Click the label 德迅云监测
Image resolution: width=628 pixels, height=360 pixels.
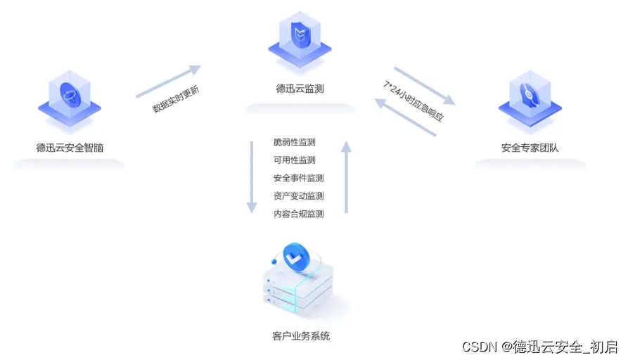pyautogui.click(x=300, y=89)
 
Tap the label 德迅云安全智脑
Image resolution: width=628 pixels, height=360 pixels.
pyautogui.click(x=70, y=148)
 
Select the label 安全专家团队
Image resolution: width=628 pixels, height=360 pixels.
pyautogui.click(x=530, y=148)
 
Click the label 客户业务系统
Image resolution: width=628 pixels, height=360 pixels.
pyautogui.click(x=300, y=336)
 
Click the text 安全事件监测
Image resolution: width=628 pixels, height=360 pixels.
pyautogui.click(x=299, y=178)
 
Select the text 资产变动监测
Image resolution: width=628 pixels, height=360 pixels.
pyautogui.click(x=299, y=196)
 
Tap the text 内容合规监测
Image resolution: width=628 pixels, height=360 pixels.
pyautogui.click(x=299, y=214)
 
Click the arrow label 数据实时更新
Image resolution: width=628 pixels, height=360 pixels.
pyautogui.click(x=176, y=99)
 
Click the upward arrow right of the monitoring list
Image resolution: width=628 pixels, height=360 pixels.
pyautogui.click(x=346, y=176)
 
